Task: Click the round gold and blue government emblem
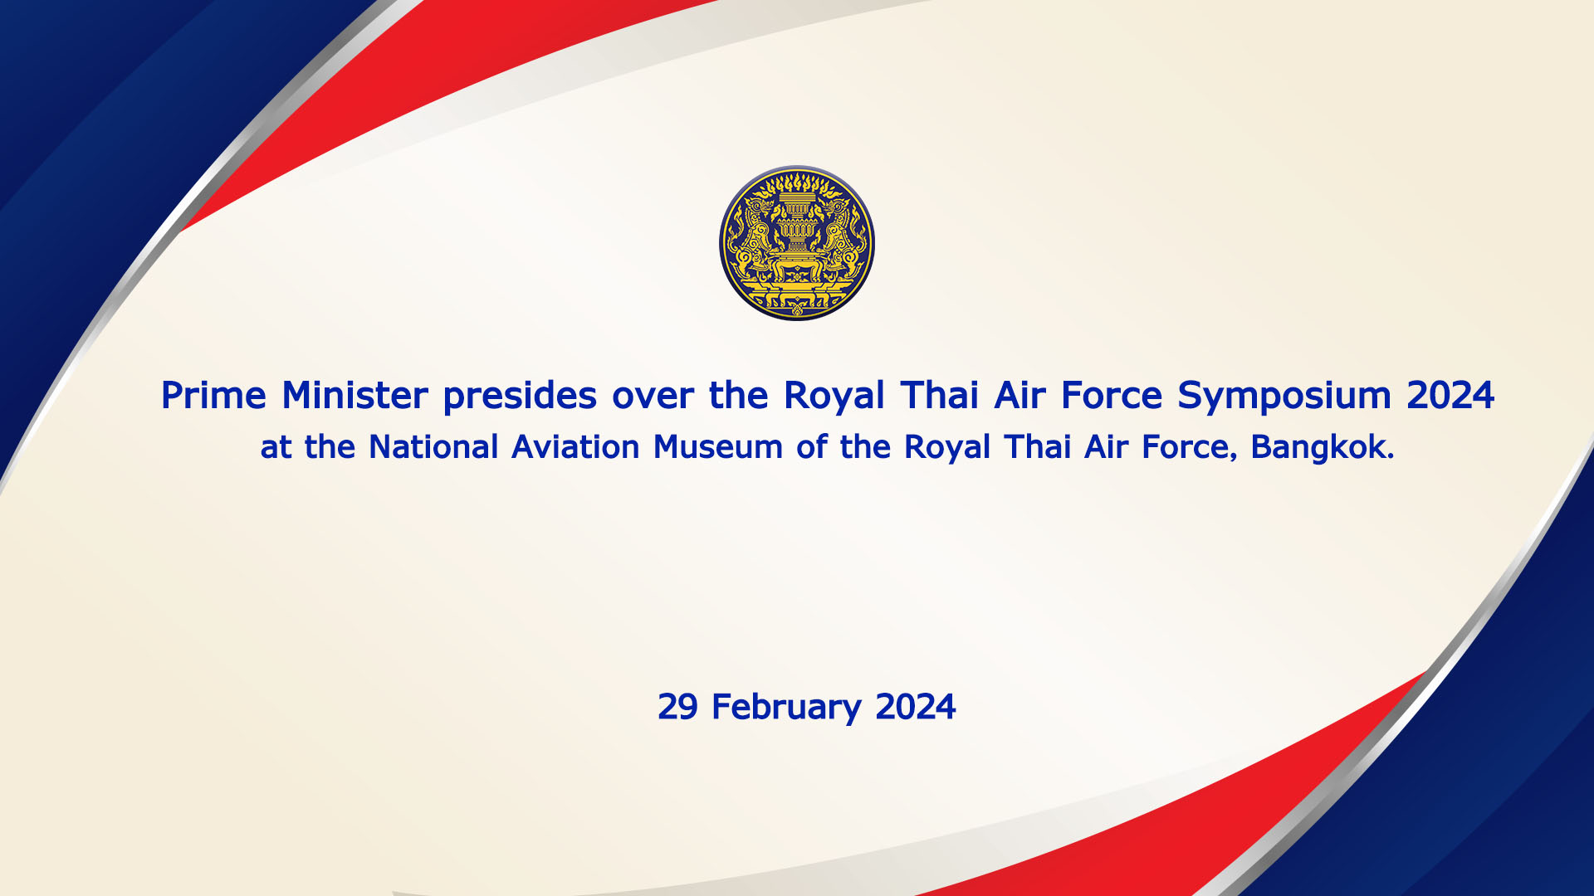(797, 243)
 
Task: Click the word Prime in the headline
(213, 395)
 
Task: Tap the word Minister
(355, 395)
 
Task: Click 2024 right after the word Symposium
(1450, 395)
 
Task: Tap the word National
(433, 447)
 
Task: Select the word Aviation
(575, 447)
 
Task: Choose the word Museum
(718, 447)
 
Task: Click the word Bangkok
(1323, 447)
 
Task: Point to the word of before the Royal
(812, 447)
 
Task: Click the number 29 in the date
(677, 707)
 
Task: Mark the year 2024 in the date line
(916, 707)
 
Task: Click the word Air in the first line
(1019, 395)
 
